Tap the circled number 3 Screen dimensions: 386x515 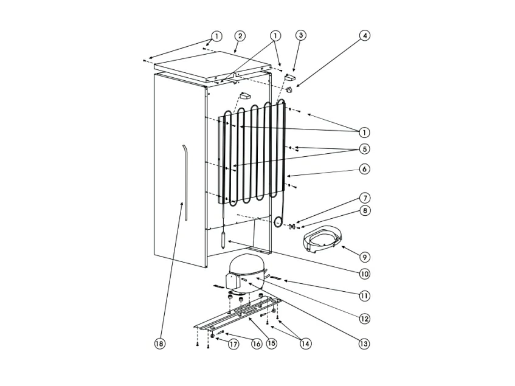pos(300,36)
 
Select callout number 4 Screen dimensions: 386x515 pos(364,36)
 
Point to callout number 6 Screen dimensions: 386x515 pos(364,169)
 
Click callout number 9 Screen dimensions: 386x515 pos(364,257)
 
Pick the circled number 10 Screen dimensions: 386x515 pos(364,274)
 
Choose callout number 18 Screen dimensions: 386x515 pos(159,344)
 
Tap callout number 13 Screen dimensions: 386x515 pos(364,344)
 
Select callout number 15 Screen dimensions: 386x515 pos(272,344)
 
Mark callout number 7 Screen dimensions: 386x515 pos(364,198)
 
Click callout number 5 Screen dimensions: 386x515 pos(364,149)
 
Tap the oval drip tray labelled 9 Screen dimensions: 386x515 pos(322,238)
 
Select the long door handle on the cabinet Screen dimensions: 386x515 pos(185,182)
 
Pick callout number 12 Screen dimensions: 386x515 pos(364,318)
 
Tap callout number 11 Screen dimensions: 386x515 pos(364,296)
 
